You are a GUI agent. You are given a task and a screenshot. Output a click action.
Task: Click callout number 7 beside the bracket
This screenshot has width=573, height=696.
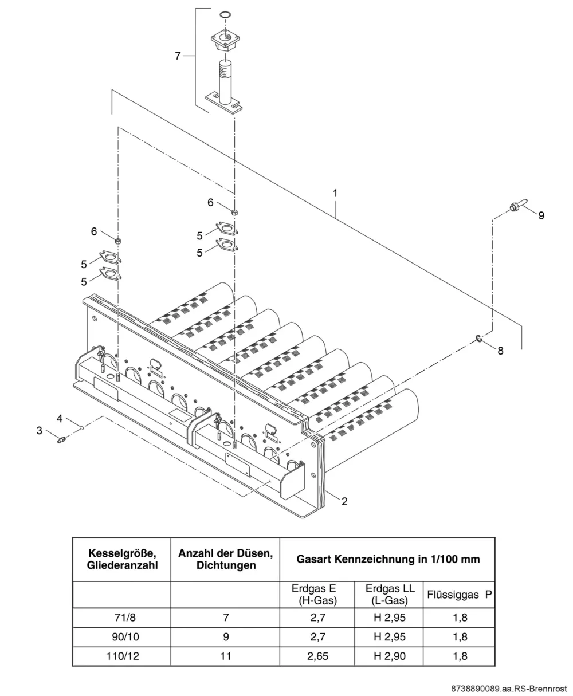tap(178, 56)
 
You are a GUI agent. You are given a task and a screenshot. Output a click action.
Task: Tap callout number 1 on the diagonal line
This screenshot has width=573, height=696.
tap(335, 194)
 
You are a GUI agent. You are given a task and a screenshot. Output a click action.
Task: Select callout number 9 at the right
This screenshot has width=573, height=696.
tap(541, 215)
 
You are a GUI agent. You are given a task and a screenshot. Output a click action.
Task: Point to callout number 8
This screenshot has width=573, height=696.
tap(500, 351)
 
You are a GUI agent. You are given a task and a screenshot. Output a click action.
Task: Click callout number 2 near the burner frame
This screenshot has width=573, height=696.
tap(344, 501)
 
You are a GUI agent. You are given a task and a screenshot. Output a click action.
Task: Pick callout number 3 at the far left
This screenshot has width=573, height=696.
tap(40, 430)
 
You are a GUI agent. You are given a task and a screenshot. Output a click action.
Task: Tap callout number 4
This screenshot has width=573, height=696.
tap(60, 418)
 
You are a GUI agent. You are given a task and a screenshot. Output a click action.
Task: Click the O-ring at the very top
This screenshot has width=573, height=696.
tap(225, 14)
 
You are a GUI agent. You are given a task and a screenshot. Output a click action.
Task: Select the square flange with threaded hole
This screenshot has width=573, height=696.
tap(225, 42)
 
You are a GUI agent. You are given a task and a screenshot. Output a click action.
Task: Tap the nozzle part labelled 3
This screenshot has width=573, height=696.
tap(61, 439)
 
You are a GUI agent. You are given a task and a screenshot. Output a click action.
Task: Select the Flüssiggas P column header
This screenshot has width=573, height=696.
tap(459, 595)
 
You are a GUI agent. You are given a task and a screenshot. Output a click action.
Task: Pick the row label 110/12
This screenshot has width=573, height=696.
tap(123, 656)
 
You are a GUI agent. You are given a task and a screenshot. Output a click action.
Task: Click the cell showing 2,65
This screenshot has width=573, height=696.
tap(317, 656)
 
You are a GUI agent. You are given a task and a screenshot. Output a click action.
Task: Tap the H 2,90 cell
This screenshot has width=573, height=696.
tap(390, 656)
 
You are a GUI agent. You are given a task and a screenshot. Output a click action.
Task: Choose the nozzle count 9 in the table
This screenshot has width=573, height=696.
tap(226, 636)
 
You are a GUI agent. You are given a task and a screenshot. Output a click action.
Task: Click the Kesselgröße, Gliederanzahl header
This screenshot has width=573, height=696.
tap(123, 559)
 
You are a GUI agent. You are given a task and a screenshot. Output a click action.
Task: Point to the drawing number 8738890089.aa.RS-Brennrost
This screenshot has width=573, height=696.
tap(509, 689)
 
